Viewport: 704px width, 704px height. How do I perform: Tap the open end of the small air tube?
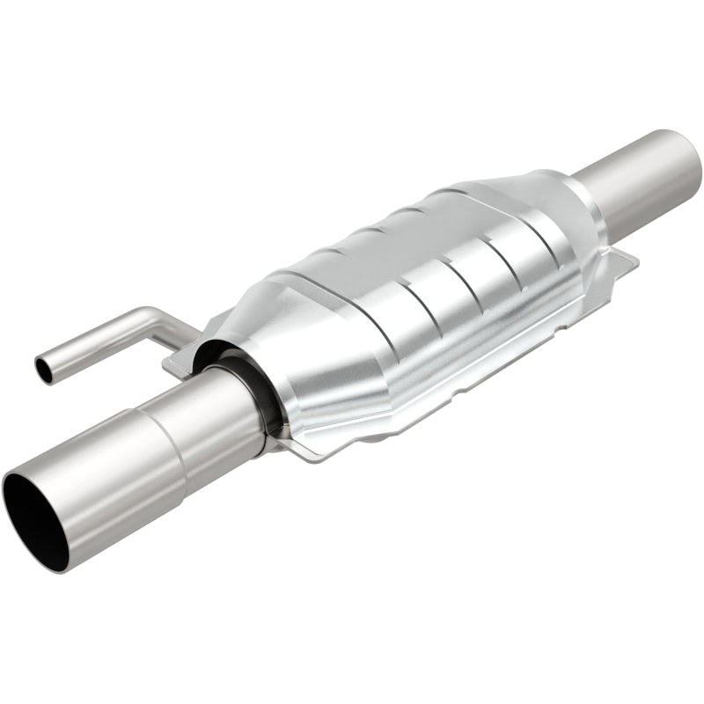(43, 370)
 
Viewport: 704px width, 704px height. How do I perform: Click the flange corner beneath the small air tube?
(172, 360)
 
